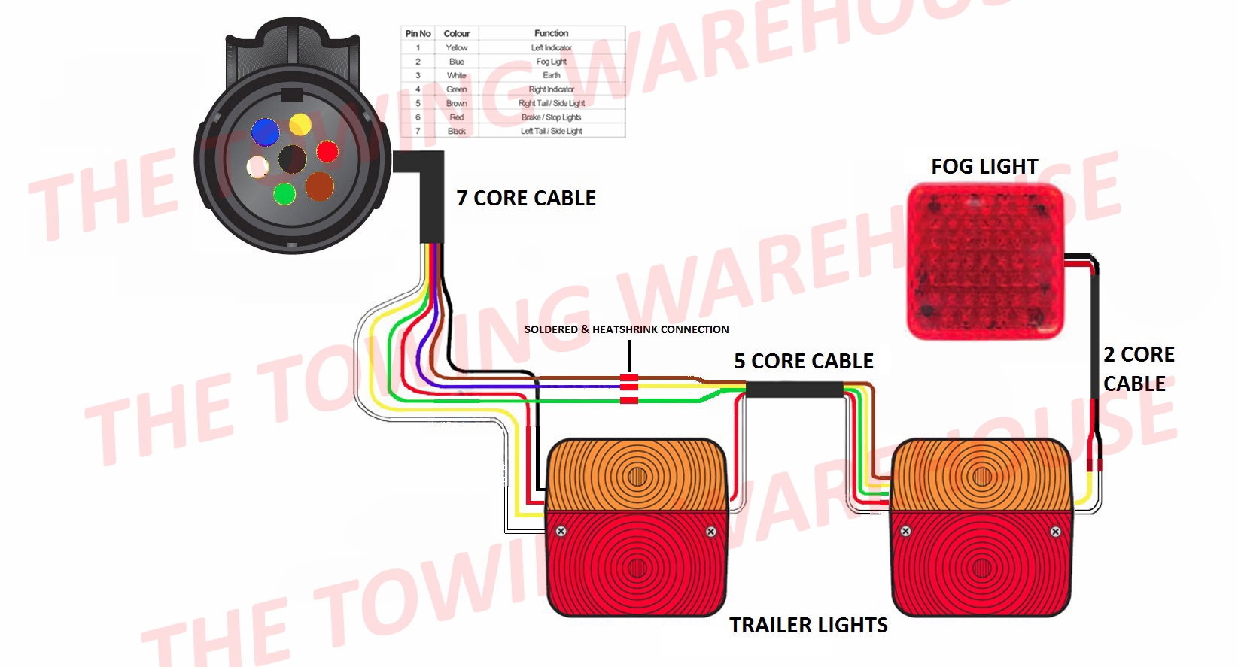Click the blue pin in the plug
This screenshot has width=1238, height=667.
point(265,132)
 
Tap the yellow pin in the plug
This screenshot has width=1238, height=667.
point(300,123)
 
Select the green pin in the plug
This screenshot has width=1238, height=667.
point(284,194)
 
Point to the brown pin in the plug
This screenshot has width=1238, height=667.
point(319,186)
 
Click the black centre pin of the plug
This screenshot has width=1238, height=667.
point(292,159)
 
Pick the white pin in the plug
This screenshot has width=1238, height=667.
point(257,166)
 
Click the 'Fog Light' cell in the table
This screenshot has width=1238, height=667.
point(551,62)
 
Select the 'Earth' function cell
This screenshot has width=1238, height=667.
point(551,75)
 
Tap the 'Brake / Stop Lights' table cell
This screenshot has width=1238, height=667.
point(551,117)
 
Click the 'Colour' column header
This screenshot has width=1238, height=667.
point(456,34)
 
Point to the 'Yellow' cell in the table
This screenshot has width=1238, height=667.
point(456,47)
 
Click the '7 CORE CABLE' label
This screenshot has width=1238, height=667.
point(526,199)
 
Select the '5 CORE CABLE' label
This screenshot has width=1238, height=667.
point(804,362)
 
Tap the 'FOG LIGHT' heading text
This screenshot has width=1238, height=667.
point(984,166)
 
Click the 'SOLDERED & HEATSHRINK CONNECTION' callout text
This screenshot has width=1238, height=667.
point(626,329)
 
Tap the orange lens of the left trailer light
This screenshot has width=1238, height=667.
point(637,475)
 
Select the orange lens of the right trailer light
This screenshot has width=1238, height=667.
point(981,475)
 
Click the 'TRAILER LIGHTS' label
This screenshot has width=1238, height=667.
point(808,626)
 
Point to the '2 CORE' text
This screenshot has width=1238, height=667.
point(1139,354)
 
